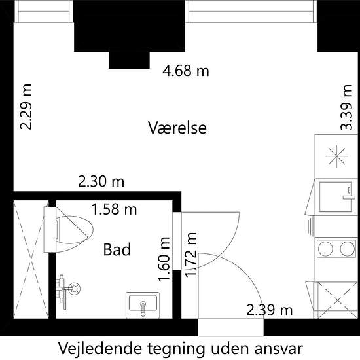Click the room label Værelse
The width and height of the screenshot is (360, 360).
(x=177, y=128)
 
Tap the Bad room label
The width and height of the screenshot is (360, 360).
(x=117, y=249)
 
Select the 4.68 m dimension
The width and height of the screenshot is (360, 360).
(x=186, y=71)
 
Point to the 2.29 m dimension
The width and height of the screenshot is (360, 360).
(x=26, y=107)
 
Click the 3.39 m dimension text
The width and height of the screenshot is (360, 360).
(x=346, y=107)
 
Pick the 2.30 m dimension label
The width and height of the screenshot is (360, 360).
(x=101, y=181)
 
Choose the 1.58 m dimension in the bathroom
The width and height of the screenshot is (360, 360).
(x=114, y=209)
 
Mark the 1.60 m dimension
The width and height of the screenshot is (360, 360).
(x=164, y=259)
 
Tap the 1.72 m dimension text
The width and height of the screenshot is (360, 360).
(x=190, y=255)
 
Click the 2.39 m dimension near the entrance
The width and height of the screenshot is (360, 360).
(x=270, y=310)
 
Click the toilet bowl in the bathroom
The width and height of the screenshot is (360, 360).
(x=75, y=230)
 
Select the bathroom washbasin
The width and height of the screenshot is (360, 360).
(x=143, y=305)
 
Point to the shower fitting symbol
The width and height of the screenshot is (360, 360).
(x=69, y=289)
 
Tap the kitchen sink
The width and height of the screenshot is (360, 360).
(x=335, y=197)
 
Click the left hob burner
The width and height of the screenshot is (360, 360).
(x=325, y=249)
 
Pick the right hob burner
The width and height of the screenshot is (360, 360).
(x=348, y=249)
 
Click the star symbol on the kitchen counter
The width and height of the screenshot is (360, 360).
(x=336, y=156)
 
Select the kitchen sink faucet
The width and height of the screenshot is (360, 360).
(x=349, y=193)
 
